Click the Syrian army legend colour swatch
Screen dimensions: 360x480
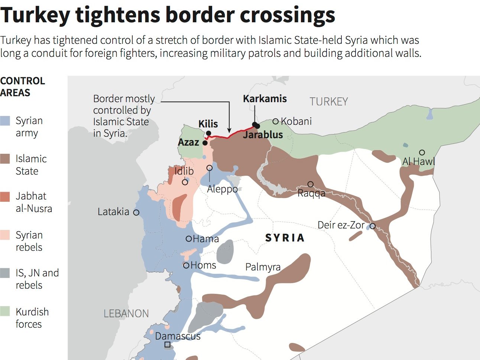[x=5, y=120]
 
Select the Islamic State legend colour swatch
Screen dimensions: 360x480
[x=5, y=159]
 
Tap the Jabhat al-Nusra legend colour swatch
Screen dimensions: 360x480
[x=5, y=197]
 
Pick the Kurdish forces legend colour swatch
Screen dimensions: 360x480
[x=5, y=311]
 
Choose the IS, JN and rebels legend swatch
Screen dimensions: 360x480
[x=5, y=273]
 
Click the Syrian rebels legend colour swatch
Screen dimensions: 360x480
[x=5, y=235]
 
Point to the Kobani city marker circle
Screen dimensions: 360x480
[x=276, y=121]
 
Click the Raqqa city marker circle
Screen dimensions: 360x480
[x=311, y=184]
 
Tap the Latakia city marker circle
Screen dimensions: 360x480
[x=136, y=213]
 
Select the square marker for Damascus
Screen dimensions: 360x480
[x=167, y=345]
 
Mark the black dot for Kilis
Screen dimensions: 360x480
[x=209, y=133]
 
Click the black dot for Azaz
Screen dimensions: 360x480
[x=205, y=143]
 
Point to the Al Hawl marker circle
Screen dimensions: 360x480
[x=422, y=152]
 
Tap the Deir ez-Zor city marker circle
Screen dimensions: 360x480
[x=373, y=226]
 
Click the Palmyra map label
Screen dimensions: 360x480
[x=263, y=267]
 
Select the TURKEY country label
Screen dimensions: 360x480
[x=329, y=101]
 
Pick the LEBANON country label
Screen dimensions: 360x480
[x=126, y=314]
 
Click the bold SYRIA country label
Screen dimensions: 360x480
[x=285, y=238]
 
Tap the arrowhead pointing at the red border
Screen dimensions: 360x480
[x=230, y=130]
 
